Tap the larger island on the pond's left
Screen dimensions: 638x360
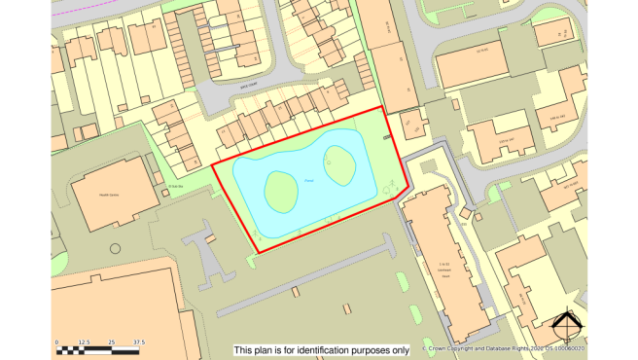pos(280,191)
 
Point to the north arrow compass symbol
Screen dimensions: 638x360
pos(565,327)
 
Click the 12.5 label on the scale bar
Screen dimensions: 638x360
pos(85,342)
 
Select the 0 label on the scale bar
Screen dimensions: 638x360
pos(57,342)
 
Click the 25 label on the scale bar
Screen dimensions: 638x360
pos(112,342)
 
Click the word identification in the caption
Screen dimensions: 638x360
pos(326,350)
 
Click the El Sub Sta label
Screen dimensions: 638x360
pos(175,185)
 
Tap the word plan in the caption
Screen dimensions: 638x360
pos(263,350)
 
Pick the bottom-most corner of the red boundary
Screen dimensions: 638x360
pos(259,252)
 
